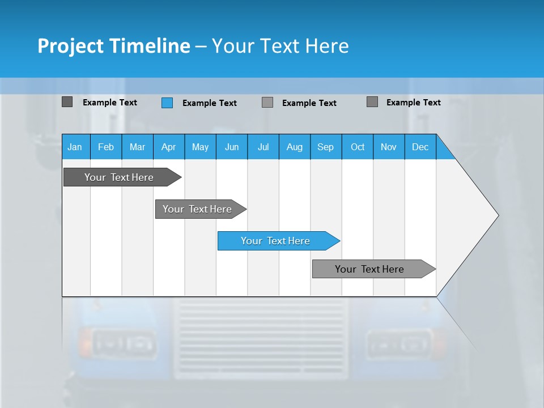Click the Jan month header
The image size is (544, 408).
(x=75, y=147)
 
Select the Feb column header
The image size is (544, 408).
(x=106, y=147)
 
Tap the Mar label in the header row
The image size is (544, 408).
(x=137, y=147)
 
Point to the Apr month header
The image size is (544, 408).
(x=168, y=147)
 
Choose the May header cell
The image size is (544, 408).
(x=200, y=147)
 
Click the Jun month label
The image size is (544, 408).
(x=232, y=147)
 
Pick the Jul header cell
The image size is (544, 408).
(x=263, y=147)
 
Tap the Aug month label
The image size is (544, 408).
(x=295, y=147)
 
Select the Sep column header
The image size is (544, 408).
(x=326, y=147)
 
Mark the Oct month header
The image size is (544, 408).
(x=358, y=147)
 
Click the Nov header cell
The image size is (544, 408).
(x=389, y=147)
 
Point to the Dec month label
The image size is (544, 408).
(x=420, y=147)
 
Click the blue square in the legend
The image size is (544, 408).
(x=167, y=103)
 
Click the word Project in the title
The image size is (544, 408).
(x=71, y=46)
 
